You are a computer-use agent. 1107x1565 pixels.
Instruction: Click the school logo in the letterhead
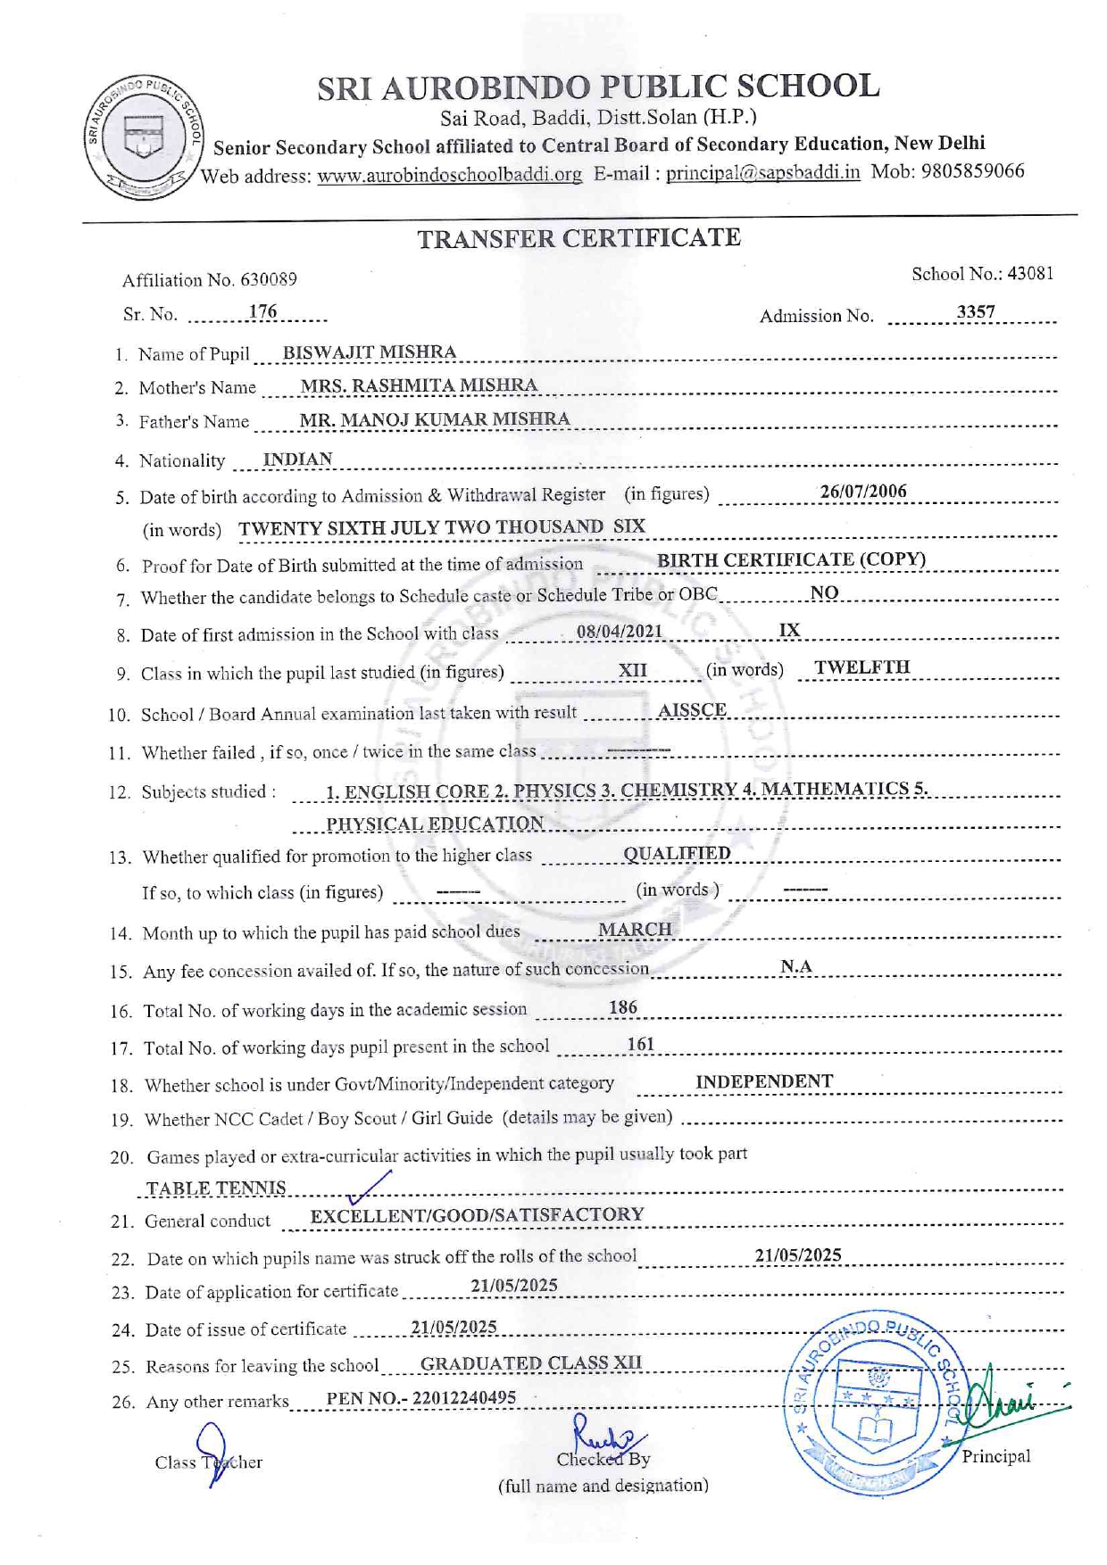pyautogui.click(x=143, y=137)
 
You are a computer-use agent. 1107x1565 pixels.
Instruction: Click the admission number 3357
pyautogui.click(x=975, y=312)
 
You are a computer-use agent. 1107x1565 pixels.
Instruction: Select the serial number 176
pyautogui.click(x=262, y=312)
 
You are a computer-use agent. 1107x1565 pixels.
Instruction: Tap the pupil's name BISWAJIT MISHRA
pyautogui.click(x=369, y=352)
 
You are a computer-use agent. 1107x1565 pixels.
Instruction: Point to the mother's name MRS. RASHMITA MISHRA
pyautogui.click(x=419, y=385)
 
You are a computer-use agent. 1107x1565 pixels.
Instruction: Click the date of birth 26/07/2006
pyautogui.click(x=862, y=492)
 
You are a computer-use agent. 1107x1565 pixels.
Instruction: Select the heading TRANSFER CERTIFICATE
pyautogui.click(x=578, y=238)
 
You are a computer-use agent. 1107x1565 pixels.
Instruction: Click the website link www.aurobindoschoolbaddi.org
pyautogui.click(x=449, y=175)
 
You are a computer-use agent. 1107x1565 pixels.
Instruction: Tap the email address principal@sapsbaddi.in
pyautogui.click(x=762, y=172)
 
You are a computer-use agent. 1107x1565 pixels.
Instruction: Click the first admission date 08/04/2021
pyautogui.click(x=619, y=632)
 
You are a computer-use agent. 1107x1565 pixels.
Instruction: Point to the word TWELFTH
pyautogui.click(x=861, y=667)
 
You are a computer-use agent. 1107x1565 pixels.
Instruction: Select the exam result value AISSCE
pyautogui.click(x=692, y=710)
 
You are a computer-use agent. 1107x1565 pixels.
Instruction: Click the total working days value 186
pyautogui.click(x=622, y=1007)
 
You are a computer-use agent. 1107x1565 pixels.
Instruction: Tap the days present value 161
pyautogui.click(x=640, y=1044)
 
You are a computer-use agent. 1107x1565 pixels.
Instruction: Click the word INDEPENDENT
pyautogui.click(x=763, y=1081)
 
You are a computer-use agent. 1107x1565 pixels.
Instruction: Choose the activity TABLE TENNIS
pyautogui.click(x=216, y=1188)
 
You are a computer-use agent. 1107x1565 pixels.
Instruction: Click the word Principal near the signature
pyautogui.click(x=995, y=1456)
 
